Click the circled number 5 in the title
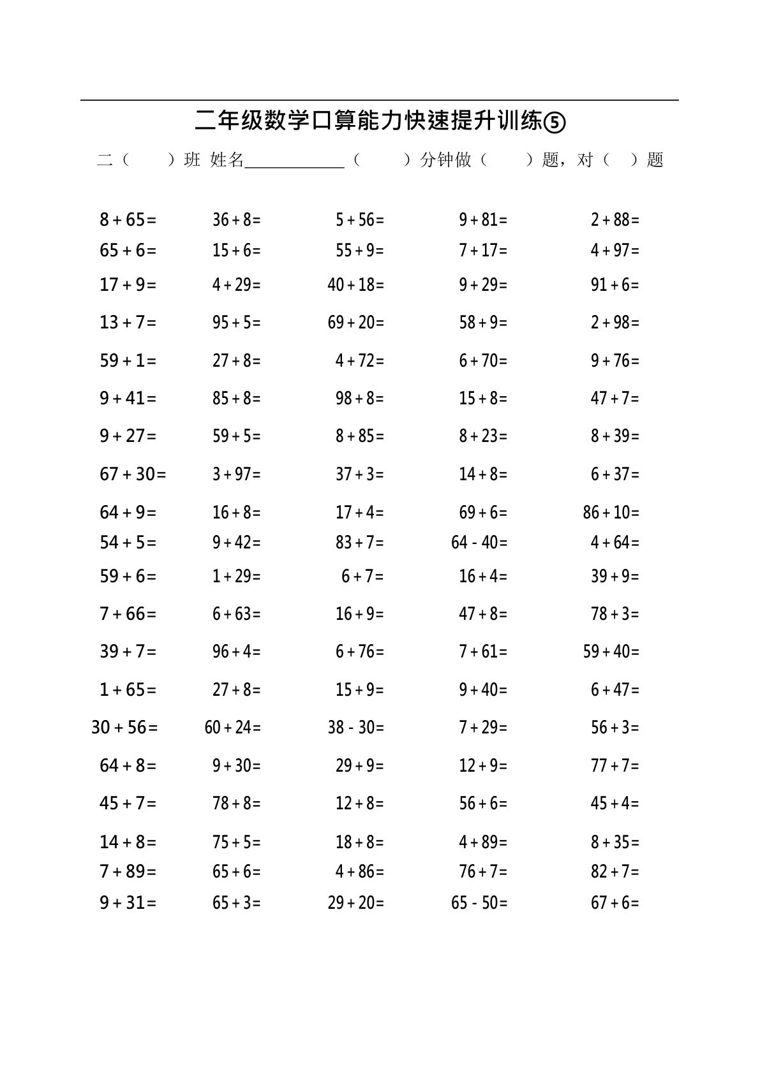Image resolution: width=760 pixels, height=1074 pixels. pyautogui.click(x=555, y=121)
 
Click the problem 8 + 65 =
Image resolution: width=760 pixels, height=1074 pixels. pyautogui.click(x=128, y=220)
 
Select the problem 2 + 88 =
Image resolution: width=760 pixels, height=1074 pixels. pyautogui.click(x=615, y=220)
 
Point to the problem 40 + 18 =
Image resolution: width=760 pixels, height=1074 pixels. pyautogui.click(x=355, y=284)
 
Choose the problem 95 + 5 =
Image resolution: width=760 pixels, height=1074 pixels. pyautogui.click(x=236, y=323)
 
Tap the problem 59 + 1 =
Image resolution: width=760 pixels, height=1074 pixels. pyautogui.click(x=128, y=361)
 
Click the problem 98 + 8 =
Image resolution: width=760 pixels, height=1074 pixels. pyautogui.click(x=359, y=399)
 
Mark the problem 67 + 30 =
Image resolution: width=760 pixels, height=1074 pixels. pyautogui.click(x=133, y=474)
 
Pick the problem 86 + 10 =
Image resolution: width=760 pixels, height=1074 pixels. pyautogui.click(x=611, y=512)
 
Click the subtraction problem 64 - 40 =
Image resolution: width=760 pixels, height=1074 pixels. pyautogui.click(x=479, y=543)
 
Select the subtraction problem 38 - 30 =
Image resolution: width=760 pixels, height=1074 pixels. pyautogui.click(x=355, y=728)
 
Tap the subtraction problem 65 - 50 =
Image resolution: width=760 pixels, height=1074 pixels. pyautogui.click(x=479, y=903)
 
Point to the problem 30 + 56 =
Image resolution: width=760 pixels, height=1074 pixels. pyautogui.click(x=124, y=728)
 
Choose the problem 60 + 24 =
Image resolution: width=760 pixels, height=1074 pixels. pyautogui.click(x=232, y=728)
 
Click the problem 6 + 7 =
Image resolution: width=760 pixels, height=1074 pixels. pyautogui.click(x=362, y=577)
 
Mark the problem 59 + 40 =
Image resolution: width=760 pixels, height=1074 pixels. pyautogui.click(x=611, y=652)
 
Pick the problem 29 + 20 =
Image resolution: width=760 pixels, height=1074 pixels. pyautogui.click(x=355, y=903)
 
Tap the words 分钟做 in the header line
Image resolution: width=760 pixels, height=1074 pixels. pyautogui.click(x=445, y=159)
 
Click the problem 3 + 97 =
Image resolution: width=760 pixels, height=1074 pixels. pyautogui.click(x=236, y=474)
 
